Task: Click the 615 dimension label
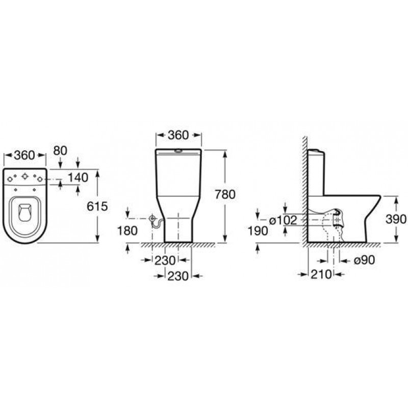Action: coord(97,207)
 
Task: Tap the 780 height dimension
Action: coord(225,194)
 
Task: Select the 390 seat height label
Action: coord(396,219)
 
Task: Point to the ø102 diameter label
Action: coord(283,221)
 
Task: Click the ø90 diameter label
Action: coord(364,260)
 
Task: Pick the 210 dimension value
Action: coord(321,274)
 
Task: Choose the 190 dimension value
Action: coord(258,231)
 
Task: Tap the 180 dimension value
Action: coord(127,231)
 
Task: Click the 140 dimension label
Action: coord(78,177)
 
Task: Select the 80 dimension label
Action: coord(60,150)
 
